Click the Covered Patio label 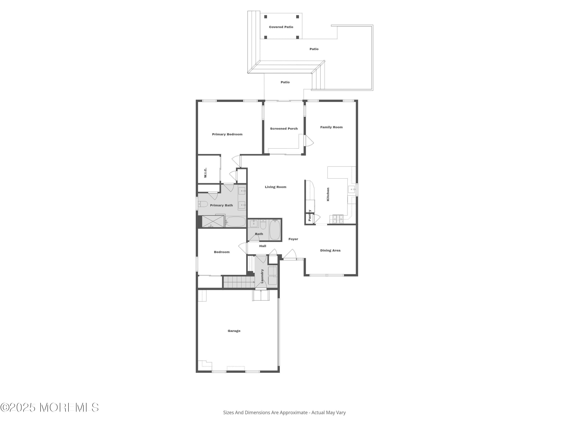(x=281, y=27)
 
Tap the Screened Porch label (x=284, y=129)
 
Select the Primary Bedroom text (x=227, y=134)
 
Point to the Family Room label (x=331, y=127)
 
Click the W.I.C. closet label (x=205, y=173)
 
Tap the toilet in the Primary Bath (x=203, y=204)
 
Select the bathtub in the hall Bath (x=275, y=230)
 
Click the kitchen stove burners (x=338, y=219)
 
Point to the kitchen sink (x=352, y=189)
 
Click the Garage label (x=234, y=331)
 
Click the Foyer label (x=293, y=239)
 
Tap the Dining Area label (x=330, y=251)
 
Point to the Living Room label (x=276, y=187)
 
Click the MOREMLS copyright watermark (x=49, y=407)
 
